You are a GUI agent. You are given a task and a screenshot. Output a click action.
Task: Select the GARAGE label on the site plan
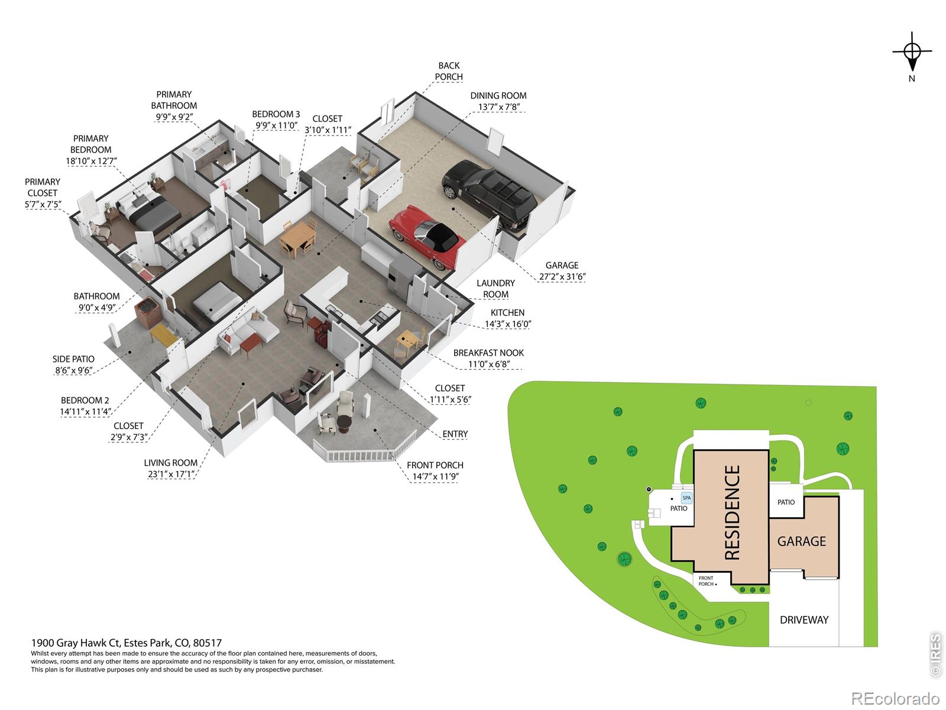click(x=802, y=541)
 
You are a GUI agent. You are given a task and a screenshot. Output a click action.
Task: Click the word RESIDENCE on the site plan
click(x=732, y=512)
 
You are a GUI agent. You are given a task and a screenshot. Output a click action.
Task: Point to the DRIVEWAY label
click(x=804, y=620)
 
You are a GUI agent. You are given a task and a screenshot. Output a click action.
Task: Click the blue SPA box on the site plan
click(x=686, y=498)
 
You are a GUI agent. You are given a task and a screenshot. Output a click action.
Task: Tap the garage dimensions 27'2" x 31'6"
click(x=562, y=277)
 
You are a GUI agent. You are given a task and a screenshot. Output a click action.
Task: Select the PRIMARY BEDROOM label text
click(x=91, y=144)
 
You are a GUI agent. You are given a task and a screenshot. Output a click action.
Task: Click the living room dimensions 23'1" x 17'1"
click(x=171, y=474)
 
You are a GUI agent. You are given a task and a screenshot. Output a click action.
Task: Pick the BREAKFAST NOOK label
click(x=488, y=353)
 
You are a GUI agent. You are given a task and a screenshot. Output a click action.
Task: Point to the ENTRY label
click(x=455, y=434)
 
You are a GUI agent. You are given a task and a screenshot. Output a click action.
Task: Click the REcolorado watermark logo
click(x=895, y=698)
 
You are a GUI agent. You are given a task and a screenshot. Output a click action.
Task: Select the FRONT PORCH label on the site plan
click(x=707, y=581)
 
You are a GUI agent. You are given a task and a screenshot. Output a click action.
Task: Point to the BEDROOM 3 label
click(x=276, y=114)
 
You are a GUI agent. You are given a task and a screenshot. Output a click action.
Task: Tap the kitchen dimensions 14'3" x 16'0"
click(x=508, y=324)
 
